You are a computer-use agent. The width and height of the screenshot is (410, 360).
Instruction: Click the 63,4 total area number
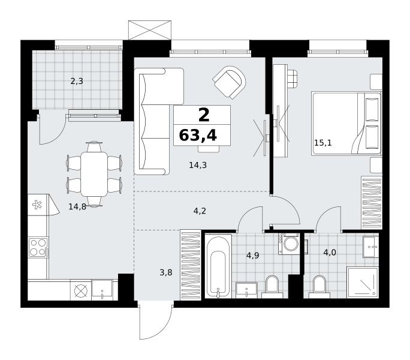[198, 136]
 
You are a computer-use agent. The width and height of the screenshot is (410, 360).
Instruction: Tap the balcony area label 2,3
[77, 81]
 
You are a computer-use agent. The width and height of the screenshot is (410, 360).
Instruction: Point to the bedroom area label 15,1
[322, 143]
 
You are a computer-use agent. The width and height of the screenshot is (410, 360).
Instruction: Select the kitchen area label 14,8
[77, 206]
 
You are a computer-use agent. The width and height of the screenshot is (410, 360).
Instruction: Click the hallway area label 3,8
[166, 272]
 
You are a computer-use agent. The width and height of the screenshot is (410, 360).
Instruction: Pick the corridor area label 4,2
[200, 211]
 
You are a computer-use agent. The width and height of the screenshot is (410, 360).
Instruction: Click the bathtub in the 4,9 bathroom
[218, 266]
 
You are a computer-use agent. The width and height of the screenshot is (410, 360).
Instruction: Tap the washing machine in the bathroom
[289, 244]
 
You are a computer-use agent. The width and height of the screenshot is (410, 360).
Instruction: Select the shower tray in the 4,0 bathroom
[363, 283]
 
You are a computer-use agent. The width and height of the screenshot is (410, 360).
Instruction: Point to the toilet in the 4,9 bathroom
[272, 287]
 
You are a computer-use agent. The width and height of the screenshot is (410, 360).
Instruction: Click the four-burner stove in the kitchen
[38, 247]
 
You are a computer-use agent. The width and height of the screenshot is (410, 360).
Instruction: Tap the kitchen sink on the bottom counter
[102, 290]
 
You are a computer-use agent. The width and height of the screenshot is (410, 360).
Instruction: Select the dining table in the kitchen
[94, 174]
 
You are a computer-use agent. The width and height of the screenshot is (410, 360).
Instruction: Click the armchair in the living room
[230, 82]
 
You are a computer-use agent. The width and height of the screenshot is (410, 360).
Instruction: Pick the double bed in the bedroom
[346, 123]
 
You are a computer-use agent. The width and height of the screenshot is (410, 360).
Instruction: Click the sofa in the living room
[152, 121]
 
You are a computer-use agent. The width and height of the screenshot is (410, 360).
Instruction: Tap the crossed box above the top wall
[150, 30]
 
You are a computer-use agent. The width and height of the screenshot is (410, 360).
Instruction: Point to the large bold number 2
[204, 115]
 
